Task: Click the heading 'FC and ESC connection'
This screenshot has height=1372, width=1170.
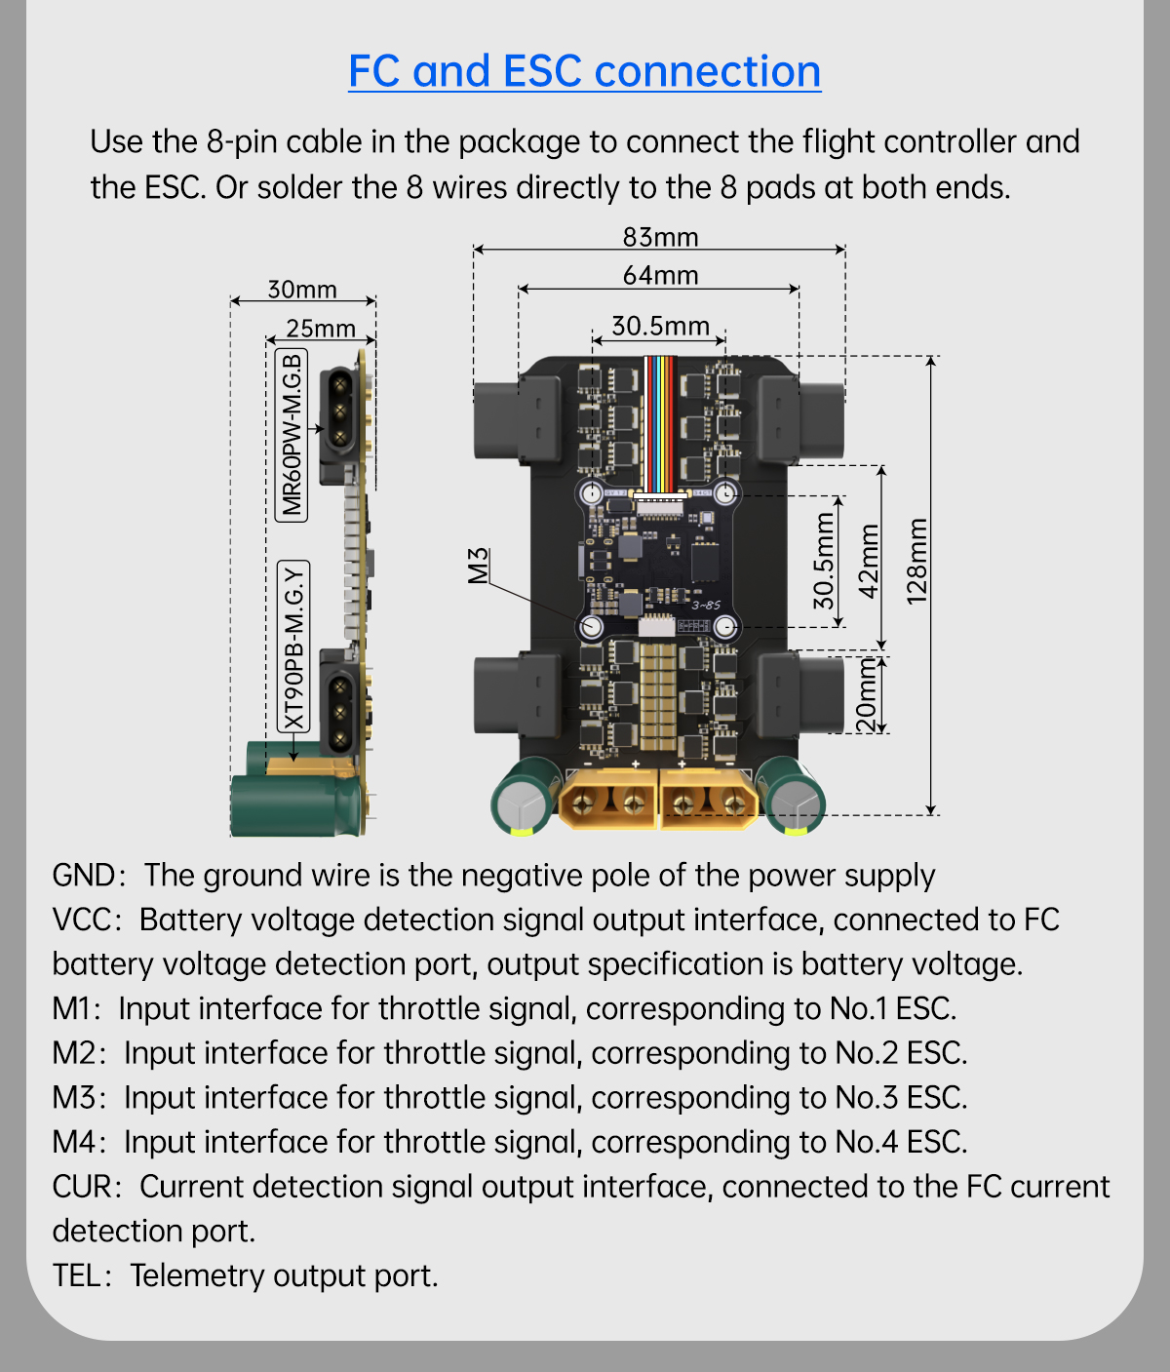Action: point(584,72)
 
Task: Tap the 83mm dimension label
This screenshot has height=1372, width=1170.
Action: point(660,237)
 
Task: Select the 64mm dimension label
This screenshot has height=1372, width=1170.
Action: point(660,275)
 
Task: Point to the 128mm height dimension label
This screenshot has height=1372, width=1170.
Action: point(916,562)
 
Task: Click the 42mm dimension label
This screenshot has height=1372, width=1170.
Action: point(868,561)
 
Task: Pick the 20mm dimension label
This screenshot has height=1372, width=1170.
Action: point(866,694)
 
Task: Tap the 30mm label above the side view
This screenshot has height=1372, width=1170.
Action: point(302,290)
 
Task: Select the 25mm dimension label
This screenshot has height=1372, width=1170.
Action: point(321,329)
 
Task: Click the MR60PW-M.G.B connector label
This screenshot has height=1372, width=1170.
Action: point(292,435)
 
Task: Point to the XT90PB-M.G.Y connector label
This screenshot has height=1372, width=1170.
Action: point(293,647)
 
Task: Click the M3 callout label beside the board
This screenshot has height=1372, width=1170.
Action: point(478,567)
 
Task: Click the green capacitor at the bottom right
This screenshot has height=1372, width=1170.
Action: point(793,796)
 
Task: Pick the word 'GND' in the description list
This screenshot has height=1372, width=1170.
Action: point(84,875)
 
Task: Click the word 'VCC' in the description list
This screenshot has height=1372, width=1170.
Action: point(85,920)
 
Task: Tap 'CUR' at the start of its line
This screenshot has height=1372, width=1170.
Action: point(84,1187)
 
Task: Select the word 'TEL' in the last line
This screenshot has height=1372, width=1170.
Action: point(77,1275)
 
